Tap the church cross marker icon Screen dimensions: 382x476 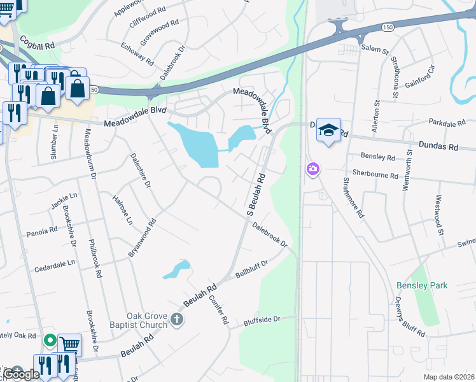coord(177,319)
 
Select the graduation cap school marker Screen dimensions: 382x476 coord(328,131)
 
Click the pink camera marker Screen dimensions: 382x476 coord(312,169)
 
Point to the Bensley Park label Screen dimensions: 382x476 coord(422,285)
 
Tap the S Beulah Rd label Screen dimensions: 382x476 coord(255,192)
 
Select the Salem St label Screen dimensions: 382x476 coord(375,49)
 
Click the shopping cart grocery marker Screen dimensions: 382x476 coord(69,344)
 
